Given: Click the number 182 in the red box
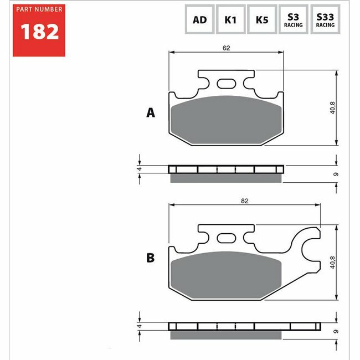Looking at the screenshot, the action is coord(39,32).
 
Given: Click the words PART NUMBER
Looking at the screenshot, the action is coord(39,9).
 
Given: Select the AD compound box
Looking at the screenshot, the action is coord(199,19).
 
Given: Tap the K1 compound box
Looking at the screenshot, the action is coord(231,19).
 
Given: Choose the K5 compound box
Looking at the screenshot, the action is coord(262,19).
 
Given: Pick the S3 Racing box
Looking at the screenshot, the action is coord(293,19).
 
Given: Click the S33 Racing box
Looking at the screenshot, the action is coord(325,19).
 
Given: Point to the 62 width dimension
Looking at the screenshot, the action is coord(226,48).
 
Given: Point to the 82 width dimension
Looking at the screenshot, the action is coord(244,201).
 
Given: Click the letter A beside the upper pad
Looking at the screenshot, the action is coord(151,113).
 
